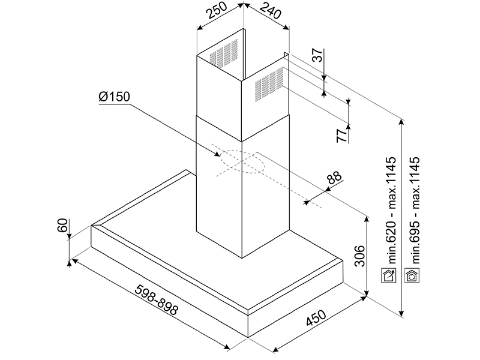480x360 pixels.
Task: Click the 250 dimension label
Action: click(217, 11)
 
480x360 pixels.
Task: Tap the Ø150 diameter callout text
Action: click(115, 97)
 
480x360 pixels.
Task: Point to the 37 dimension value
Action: click(319, 55)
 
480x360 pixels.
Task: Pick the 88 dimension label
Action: click(334, 178)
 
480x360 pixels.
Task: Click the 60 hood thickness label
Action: click(62, 226)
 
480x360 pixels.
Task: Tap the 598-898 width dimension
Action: click(156, 300)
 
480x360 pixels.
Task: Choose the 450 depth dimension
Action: click(316, 318)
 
